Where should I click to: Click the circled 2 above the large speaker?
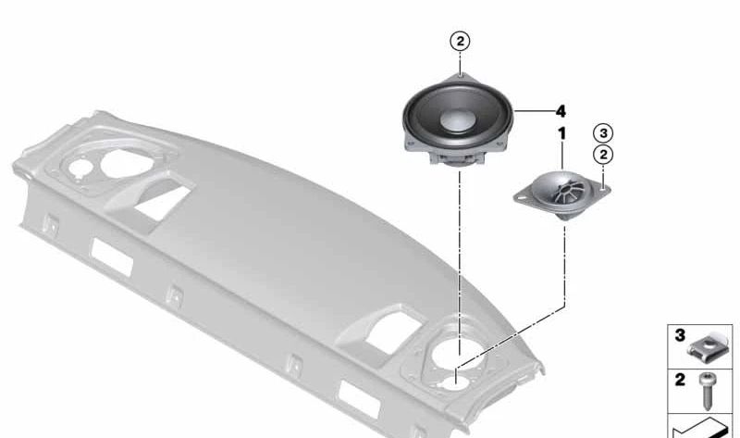click(x=460, y=42)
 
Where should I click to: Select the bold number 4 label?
click(x=561, y=111)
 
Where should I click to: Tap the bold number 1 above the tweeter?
click(x=561, y=133)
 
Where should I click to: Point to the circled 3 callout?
click(x=603, y=133)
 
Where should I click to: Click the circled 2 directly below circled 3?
click(x=603, y=155)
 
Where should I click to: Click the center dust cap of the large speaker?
click(x=457, y=119)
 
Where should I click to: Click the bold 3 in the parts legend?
click(x=680, y=335)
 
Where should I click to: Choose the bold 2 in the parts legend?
click(x=680, y=380)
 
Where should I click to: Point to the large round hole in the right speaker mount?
click(x=459, y=351)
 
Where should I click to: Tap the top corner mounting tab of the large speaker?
click(x=461, y=76)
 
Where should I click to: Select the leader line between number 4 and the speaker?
click(x=534, y=111)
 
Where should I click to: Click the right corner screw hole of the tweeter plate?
click(x=603, y=190)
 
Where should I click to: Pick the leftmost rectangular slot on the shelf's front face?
click(x=112, y=257)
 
